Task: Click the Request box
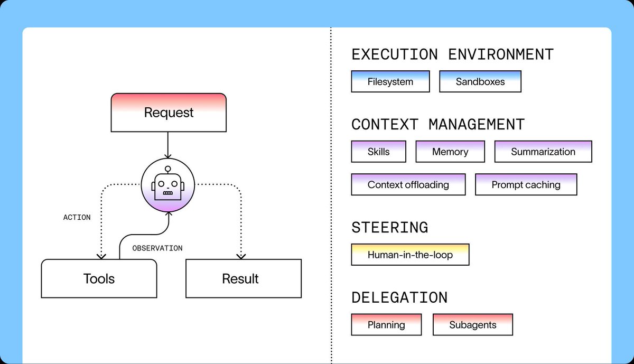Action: point(169,113)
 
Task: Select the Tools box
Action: point(99,278)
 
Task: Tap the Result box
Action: point(244,278)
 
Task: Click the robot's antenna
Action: point(168,170)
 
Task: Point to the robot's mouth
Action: point(168,193)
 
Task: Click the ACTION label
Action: point(77,217)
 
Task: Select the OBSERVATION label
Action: point(157,248)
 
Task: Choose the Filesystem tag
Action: point(390,81)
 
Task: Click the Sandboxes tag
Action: point(480,81)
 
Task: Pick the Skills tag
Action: point(378,152)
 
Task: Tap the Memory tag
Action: point(450,152)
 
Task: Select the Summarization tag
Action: point(543,152)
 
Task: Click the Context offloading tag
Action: point(408,184)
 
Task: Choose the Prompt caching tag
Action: point(526,184)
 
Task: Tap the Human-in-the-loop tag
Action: point(410,255)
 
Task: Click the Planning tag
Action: point(386,325)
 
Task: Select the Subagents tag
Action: point(473,325)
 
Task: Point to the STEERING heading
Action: point(390,228)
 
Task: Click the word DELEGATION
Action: point(399,298)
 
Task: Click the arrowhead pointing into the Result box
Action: point(241,256)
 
